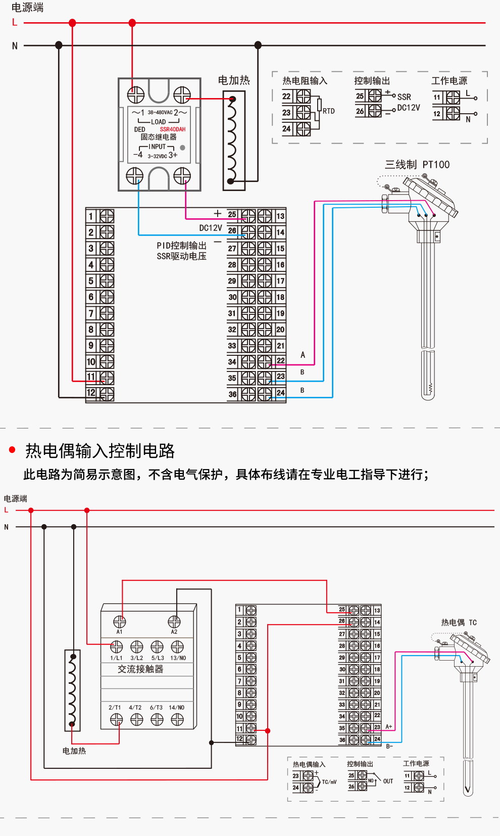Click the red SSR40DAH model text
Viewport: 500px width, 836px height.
tap(173, 129)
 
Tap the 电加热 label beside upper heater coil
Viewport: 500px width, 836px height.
tap(234, 80)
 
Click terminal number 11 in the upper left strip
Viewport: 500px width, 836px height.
tap(91, 377)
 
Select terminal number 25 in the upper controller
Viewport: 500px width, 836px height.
tap(232, 214)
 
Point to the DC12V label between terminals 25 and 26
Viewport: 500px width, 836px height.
tap(210, 228)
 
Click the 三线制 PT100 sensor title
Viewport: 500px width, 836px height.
tap(417, 165)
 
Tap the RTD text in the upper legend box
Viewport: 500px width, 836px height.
tap(329, 111)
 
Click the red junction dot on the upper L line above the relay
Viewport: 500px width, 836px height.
tap(132, 23)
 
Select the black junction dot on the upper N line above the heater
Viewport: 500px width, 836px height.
tap(258, 45)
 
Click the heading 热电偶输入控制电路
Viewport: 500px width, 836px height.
tap(100, 451)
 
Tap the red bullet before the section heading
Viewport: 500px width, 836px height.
tap(13, 450)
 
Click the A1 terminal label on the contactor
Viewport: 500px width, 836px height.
tap(119, 632)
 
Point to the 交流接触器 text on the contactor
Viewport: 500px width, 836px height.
tap(140, 669)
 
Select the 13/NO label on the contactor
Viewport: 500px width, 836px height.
tap(178, 658)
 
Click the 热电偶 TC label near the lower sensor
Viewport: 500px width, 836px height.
tap(459, 623)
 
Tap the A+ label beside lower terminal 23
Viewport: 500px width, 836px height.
tap(389, 727)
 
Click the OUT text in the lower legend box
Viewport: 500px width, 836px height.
tap(388, 781)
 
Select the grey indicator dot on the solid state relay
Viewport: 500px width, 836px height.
tap(182, 148)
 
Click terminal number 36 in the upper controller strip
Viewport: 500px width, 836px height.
tap(232, 394)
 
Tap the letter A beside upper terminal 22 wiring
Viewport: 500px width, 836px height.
tap(303, 355)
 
